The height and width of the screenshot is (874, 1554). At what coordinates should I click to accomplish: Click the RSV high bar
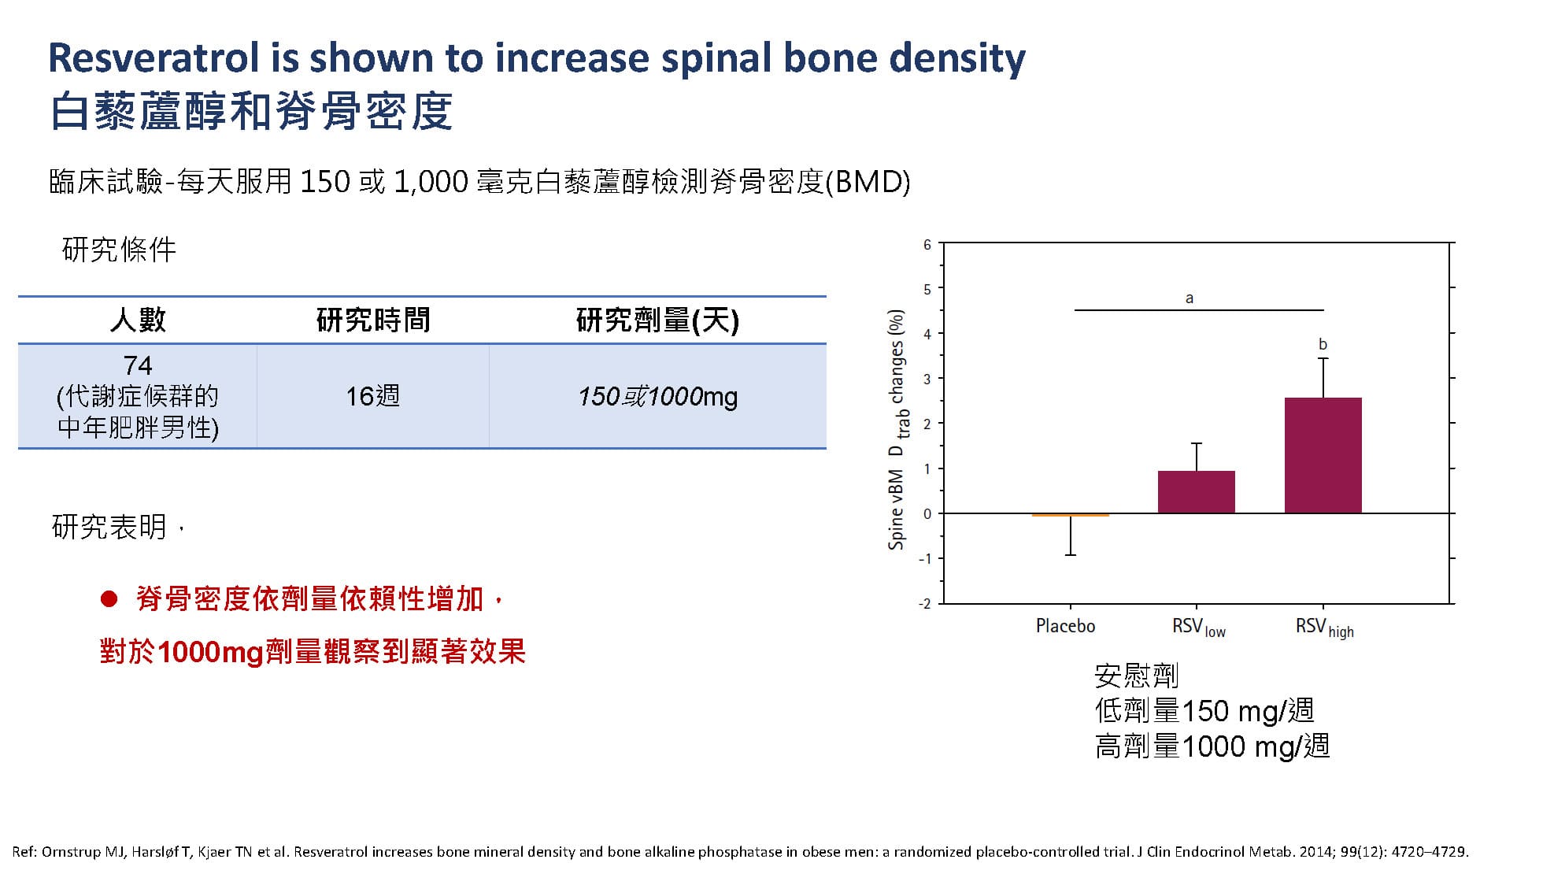(1323, 455)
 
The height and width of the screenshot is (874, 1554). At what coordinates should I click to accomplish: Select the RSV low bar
(1196, 492)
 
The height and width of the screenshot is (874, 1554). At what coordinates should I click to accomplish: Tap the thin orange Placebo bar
(1070, 515)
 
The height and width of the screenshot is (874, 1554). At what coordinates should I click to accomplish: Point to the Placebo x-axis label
(1065, 626)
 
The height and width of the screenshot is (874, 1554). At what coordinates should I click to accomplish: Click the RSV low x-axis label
(1198, 628)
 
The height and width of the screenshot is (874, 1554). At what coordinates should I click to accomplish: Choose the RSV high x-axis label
(1324, 628)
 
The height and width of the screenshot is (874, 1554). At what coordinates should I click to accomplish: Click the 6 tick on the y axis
(927, 245)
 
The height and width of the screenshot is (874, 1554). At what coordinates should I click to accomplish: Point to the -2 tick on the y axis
(924, 604)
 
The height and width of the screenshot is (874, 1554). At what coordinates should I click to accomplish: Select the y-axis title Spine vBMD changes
(897, 429)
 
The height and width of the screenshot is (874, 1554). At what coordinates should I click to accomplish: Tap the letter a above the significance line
(1189, 298)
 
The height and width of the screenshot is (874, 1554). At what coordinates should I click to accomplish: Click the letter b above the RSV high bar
(1323, 344)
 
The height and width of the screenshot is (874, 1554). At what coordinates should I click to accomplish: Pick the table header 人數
(138, 320)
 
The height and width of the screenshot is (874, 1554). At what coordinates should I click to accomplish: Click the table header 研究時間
(373, 320)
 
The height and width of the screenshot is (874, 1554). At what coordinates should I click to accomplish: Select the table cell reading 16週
(373, 396)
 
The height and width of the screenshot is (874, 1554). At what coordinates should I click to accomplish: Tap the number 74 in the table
(138, 365)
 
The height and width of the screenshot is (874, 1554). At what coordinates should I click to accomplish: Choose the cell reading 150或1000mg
(657, 396)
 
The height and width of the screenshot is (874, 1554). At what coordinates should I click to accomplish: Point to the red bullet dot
(109, 600)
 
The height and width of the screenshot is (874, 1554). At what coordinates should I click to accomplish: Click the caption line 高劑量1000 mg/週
(1212, 746)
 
